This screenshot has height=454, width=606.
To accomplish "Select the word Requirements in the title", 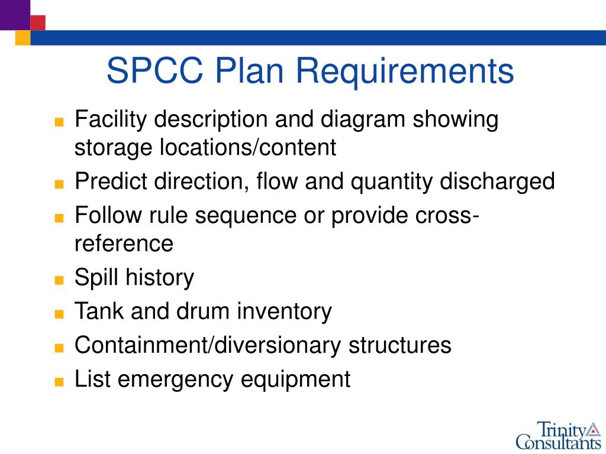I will click(x=405, y=70).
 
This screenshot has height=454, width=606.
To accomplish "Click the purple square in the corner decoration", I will click(x=14, y=14).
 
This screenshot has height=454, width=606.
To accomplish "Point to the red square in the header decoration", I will click(x=38, y=22).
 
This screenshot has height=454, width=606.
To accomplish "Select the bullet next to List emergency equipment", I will click(x=58, y=381).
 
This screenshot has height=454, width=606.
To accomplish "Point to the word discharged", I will click(x=497, y=181).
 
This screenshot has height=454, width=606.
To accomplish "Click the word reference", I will click(x=124, y=243).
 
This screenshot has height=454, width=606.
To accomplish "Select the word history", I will click(x=160, y=277).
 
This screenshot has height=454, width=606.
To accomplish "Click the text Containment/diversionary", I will click(x=207, y=345).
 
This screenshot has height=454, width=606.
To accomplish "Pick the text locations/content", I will click(x=247, y=147).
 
